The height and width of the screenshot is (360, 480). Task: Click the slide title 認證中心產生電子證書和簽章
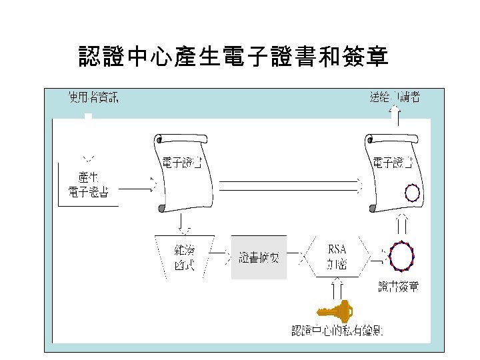(234, 57)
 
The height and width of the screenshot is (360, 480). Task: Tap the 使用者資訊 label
(94, 97)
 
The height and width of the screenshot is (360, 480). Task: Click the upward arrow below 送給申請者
(395, 116)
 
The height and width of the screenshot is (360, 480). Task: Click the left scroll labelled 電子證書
(183, 172)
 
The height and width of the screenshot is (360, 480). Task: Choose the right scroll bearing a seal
(394, 172)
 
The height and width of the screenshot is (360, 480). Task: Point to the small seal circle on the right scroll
(413, 193)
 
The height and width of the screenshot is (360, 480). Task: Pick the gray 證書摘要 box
(259, 257)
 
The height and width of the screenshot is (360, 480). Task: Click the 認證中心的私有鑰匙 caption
(341, 331)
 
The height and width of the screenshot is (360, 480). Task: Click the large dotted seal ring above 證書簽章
(401, 257)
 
